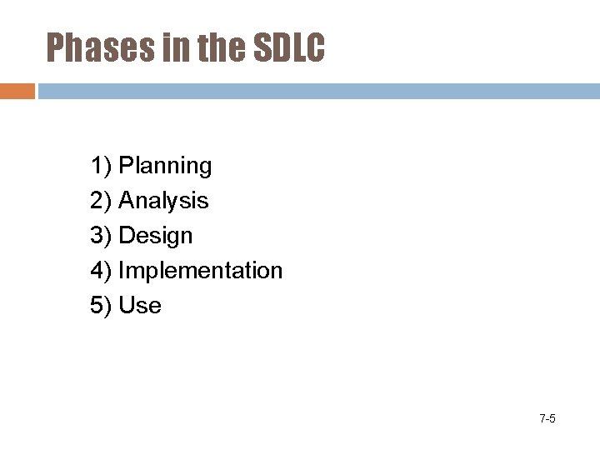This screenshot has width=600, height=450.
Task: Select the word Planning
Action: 165,167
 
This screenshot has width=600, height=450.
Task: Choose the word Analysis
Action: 163,201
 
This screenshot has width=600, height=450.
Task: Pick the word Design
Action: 155,236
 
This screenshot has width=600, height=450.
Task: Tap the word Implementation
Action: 201,271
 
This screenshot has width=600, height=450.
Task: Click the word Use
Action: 140,306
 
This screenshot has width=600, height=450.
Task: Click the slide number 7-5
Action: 547,418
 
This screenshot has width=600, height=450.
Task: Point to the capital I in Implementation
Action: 122,271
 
